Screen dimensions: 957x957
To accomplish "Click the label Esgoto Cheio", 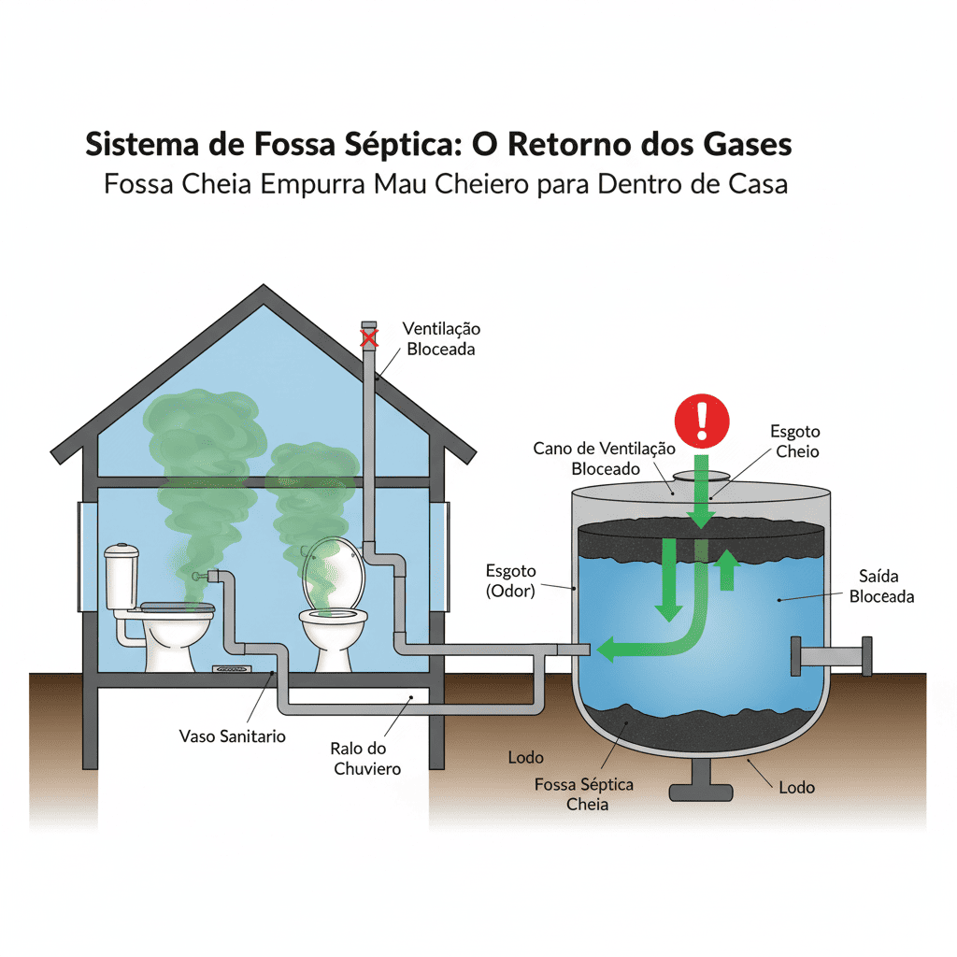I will [x=794, y=441].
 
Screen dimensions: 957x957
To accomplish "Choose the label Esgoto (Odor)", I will [x=510, y=580].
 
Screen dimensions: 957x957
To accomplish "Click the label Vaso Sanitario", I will [x=232, y=736].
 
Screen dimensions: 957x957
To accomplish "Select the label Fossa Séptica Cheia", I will [x=584, y=793].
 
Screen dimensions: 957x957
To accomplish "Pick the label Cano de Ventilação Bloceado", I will [x=604, y=459].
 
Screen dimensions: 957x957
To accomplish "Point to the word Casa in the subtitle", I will [x=757, y=183].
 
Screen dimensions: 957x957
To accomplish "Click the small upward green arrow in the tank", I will [x=726, y=569].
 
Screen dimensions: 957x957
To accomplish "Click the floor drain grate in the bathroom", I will [x=232, y=669].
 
